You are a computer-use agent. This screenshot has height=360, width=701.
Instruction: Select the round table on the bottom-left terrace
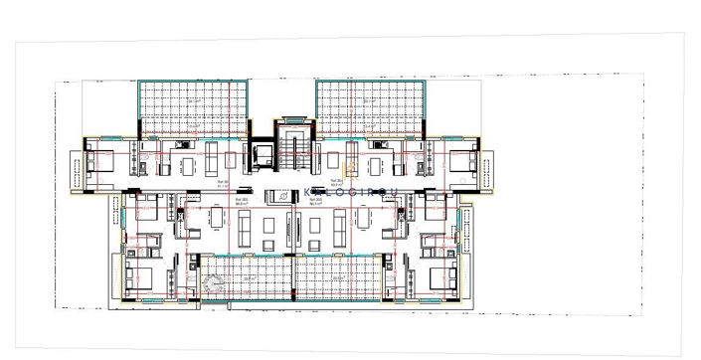click(x=211, y=283)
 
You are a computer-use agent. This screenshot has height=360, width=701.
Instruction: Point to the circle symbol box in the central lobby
click(x=284, y=195)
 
